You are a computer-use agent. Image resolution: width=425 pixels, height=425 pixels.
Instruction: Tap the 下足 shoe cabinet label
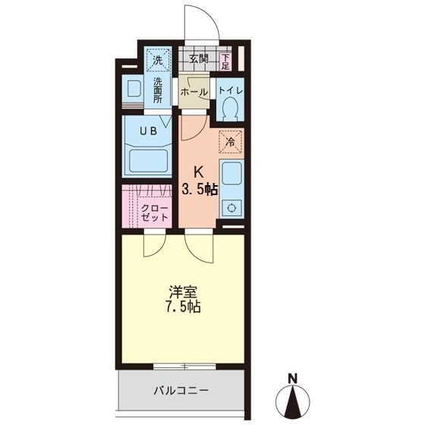pyautogui.click(x=225, y=60)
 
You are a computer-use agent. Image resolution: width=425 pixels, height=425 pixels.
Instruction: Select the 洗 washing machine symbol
pyautogui.click(x=158, y=59)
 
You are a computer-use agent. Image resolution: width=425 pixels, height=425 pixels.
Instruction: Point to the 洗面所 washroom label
pyautogui.click(x=158, y=91)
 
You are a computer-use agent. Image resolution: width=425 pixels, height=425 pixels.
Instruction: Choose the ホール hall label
pyautogui.click(x=194, y=92)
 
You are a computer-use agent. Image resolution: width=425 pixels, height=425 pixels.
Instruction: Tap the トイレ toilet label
pyautogui.click(x=230, y=91)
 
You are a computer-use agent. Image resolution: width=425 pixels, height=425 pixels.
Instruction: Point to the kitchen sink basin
pyautogui.click(x=231, y=173)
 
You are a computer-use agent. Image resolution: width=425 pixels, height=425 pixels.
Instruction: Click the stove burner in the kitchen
pyautogui.click(x=231, y=206)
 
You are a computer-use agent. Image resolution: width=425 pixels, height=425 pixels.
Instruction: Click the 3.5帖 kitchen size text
pyautogui.click(x=199, y=189)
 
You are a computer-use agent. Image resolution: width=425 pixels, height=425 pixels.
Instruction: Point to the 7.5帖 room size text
pyautogui.click(x=181, y=308)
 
